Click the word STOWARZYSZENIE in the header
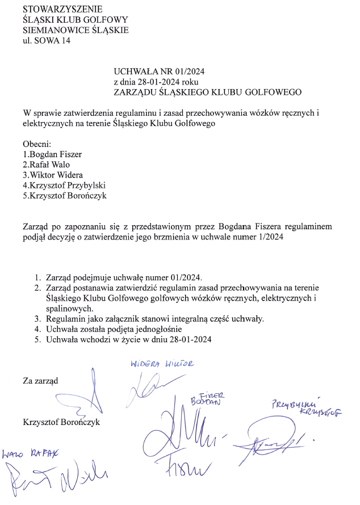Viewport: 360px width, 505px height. pyautogui.click(x=63, y=9)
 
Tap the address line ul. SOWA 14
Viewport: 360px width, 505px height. pyautogui.click(x=47, y=40)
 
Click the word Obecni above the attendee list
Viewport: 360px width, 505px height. pyautogui.click(x=37, y=144)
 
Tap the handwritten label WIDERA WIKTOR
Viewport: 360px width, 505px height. pyautogui.click(x=162, y=364)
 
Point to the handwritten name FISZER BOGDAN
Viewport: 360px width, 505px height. pyautogui.click(x=207, y=398)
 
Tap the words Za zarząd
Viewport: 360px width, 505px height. pyautogui.click(x=40, y=380)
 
